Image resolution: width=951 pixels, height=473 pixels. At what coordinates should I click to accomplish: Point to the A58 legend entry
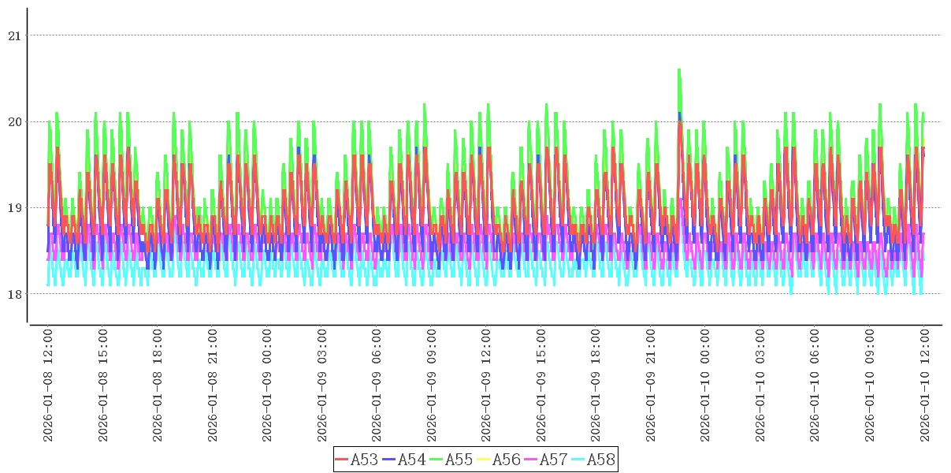tap(600, 459)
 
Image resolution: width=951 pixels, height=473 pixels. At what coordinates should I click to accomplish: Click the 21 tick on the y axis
tap(15, 35)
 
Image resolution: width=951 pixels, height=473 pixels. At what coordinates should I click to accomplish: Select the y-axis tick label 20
tap(15, 122)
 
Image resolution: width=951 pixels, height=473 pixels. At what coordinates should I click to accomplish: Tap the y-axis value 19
tap(15, 208)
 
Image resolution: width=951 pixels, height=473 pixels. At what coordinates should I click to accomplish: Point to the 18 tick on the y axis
tap(15, 294)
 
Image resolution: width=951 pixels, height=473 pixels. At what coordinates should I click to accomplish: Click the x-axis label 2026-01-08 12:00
tap(48, 385)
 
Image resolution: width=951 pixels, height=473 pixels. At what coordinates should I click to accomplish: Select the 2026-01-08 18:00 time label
tap(158, 385)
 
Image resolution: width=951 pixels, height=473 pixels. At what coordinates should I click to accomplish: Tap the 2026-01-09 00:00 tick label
tap(267, 385)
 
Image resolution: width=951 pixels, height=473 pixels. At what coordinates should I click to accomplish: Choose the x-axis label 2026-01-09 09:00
tap(432, 385)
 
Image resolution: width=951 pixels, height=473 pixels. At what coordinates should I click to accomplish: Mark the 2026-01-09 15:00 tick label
tap(541, 385)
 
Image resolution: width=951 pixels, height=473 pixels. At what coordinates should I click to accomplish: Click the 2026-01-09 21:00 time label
tap(651, 385)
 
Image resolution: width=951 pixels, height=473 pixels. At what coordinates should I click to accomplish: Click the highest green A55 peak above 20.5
tap(679, 71)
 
